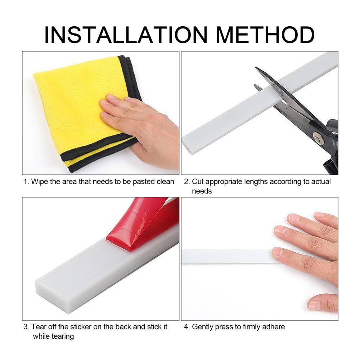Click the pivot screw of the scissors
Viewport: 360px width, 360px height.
[318, 138]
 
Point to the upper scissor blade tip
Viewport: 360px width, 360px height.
[256, 67]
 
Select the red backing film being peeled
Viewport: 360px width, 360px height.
[142, 224]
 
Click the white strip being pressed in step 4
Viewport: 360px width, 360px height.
[230, 256]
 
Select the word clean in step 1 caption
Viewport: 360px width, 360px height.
[165, 181]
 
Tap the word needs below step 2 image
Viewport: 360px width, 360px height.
[202, 191]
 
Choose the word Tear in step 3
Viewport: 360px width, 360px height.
[39, 327]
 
